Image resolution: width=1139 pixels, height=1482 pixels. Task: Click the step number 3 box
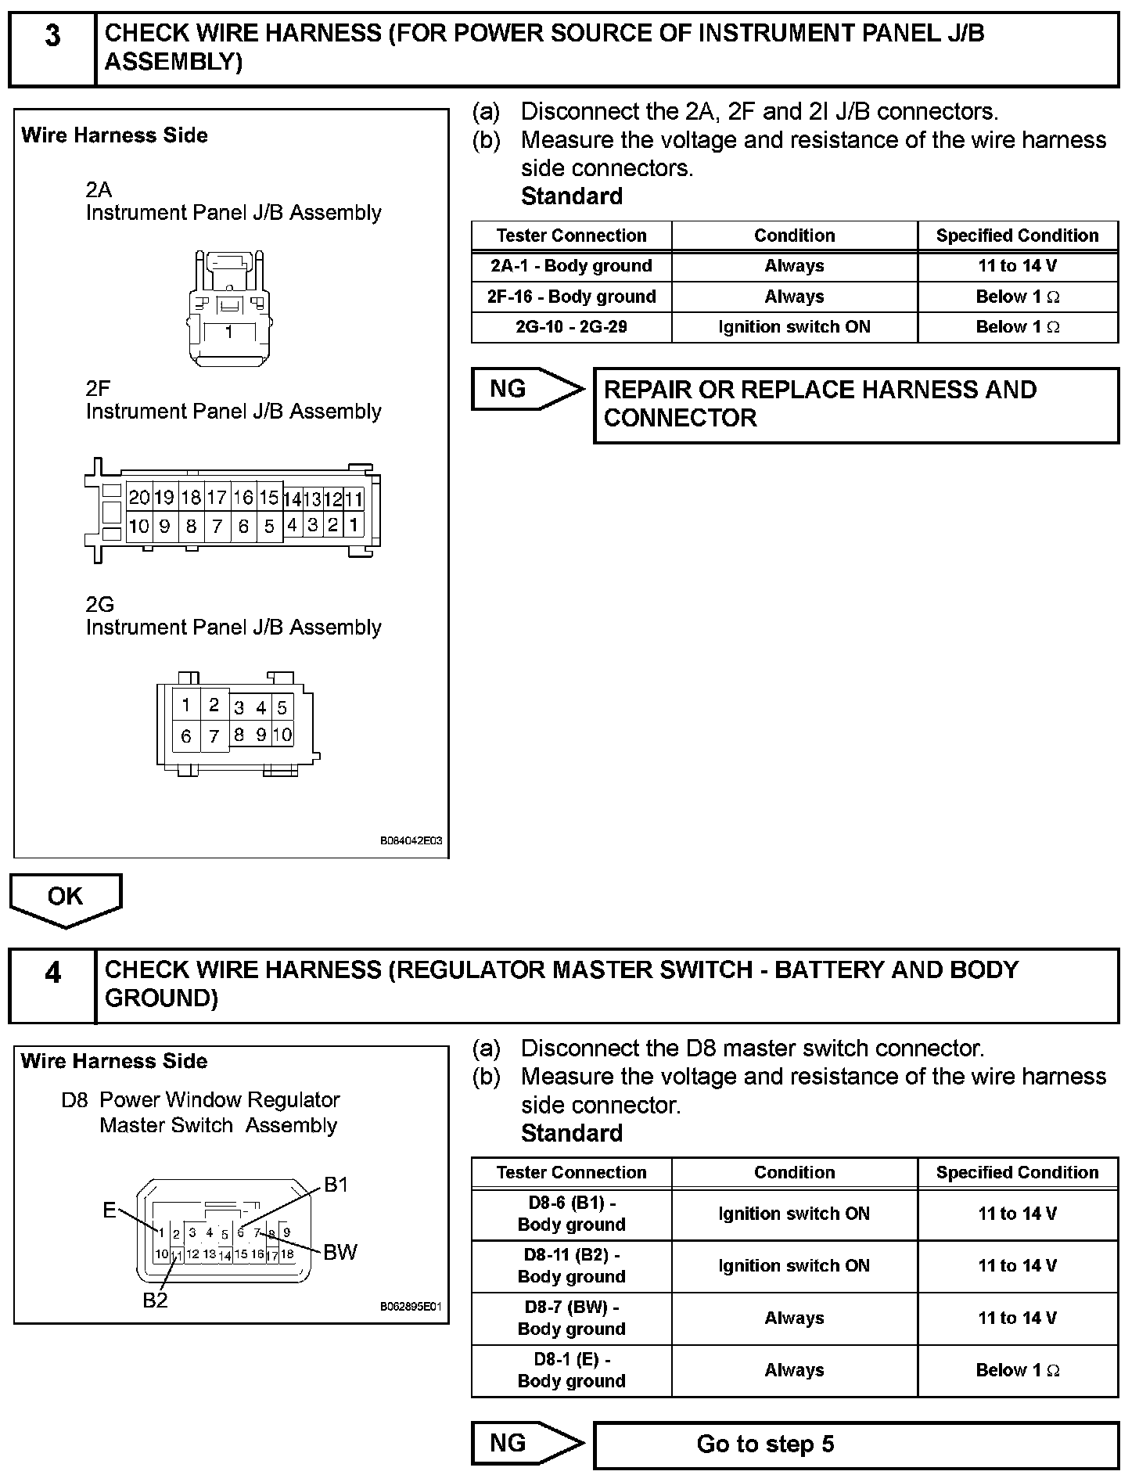click(52, 49)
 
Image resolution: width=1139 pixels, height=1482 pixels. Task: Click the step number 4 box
click(52, 985)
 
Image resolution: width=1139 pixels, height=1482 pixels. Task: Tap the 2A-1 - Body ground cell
click(571, 266)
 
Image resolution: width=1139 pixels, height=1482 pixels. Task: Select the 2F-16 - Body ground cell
click(571, 297)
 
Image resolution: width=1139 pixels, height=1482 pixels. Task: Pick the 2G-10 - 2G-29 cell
click(571, 327)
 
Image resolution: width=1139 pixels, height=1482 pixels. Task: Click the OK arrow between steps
click(65, 898)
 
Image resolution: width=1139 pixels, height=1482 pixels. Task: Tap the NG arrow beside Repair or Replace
click(526, 389)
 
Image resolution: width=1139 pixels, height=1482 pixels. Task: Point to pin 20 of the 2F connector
click(139, 498)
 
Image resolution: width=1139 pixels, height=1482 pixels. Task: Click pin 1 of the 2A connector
click(229, 333)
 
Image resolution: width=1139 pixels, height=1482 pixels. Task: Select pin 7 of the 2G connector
click(214, 736)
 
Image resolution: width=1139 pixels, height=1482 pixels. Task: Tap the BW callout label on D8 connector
click(340, 1253)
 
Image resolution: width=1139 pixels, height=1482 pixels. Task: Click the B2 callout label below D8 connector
click(155, 1300)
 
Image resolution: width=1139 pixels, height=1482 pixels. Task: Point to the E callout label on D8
click(110, 1210)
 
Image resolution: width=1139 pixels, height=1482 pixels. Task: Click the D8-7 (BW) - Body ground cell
click(571, 1318)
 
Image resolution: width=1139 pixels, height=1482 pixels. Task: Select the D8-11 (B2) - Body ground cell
click(571, 1265)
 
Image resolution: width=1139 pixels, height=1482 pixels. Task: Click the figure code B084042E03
click(411, 841)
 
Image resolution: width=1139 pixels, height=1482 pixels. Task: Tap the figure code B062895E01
click(411, 1307)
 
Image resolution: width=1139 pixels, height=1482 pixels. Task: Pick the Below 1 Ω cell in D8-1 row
click(1017, 1370)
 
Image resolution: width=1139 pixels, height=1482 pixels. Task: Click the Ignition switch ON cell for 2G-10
click(794, 327)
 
